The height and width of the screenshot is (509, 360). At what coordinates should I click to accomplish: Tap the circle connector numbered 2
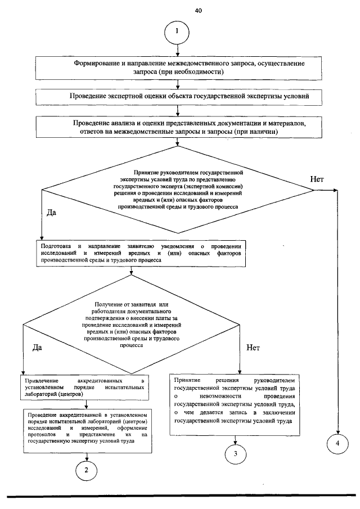pos(86,470)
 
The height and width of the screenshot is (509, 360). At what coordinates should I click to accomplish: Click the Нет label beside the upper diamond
pos(317,179)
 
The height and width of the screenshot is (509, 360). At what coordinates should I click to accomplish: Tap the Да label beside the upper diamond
pos(51,213)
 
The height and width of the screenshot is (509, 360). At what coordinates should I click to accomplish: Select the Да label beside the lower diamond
pos(38,348)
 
